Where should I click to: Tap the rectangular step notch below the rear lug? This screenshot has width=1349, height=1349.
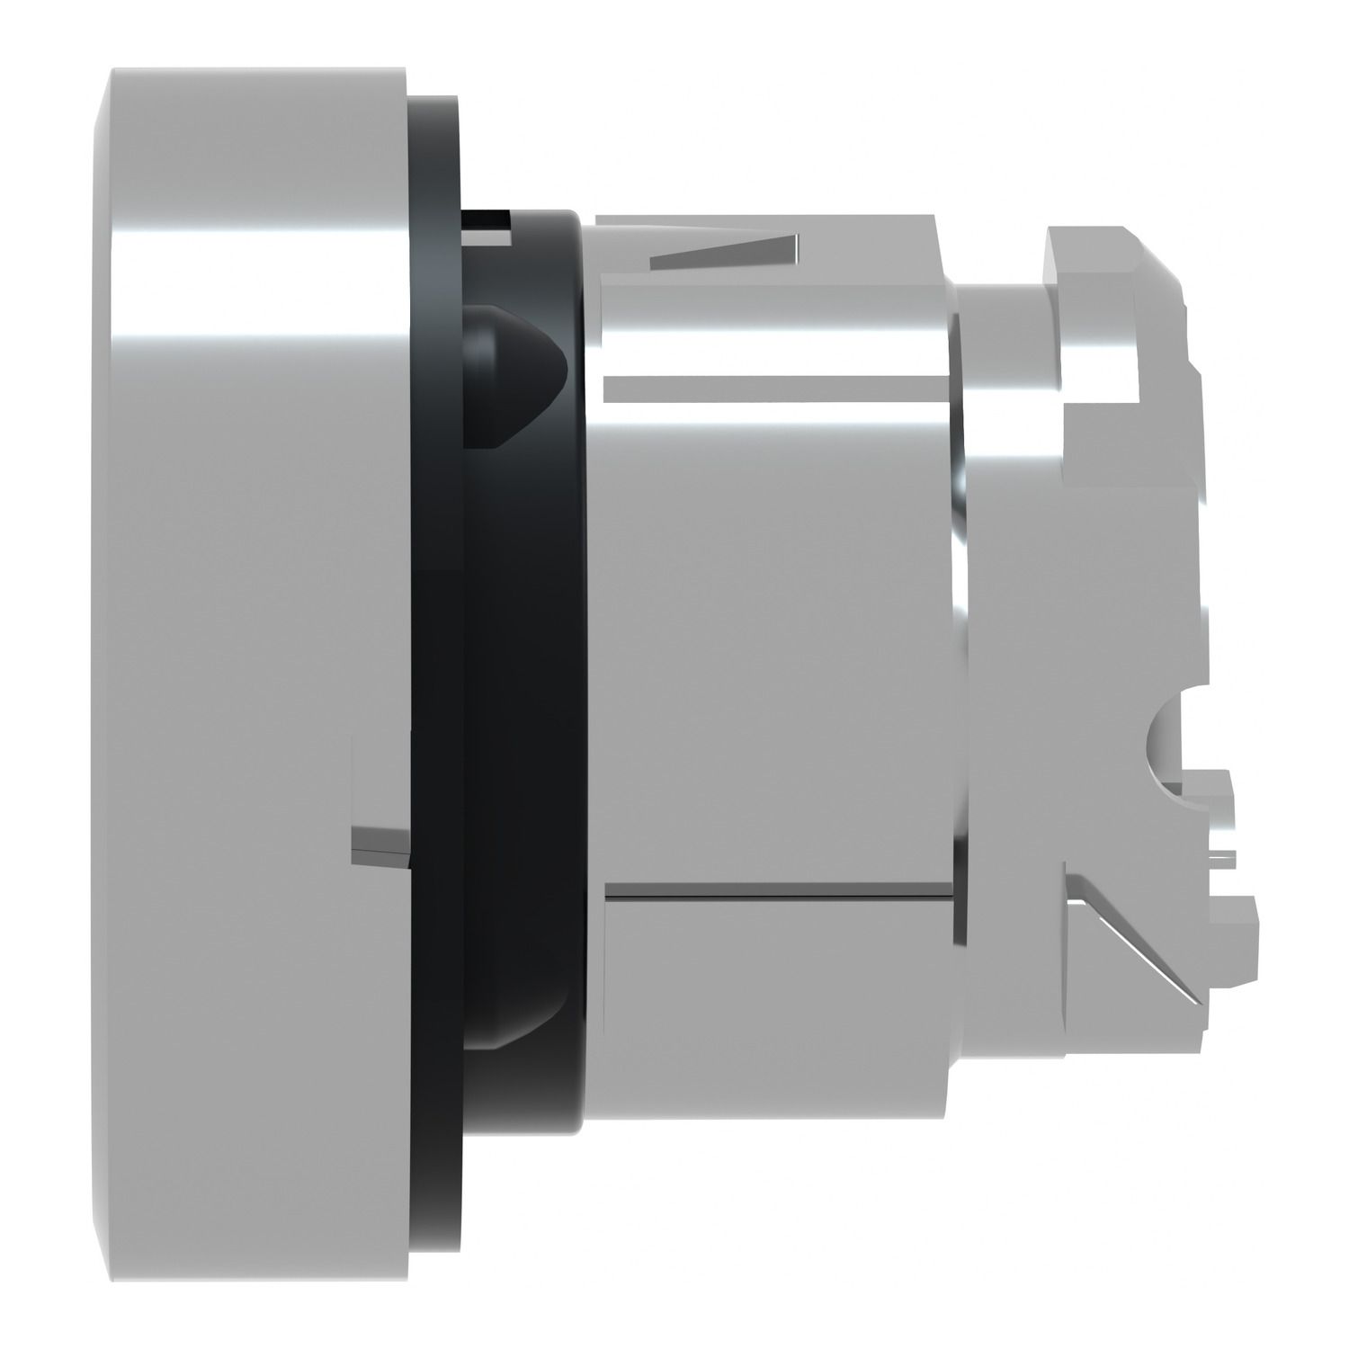click(1088, 432)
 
